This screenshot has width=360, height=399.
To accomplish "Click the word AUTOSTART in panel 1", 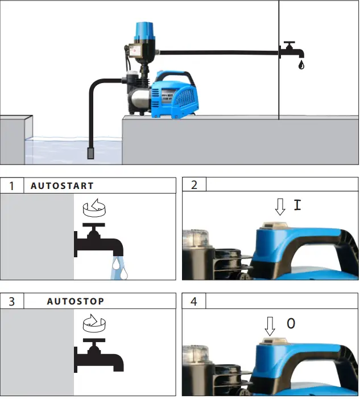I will click(x=62, y=186).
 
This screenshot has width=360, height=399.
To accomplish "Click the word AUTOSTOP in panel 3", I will click(x=76, y=301).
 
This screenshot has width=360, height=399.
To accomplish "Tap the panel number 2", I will click(x=194, y=186).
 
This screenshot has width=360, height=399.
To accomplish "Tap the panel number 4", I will click(x=194, y=301).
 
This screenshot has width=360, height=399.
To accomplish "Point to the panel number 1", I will click(x=11, y=186).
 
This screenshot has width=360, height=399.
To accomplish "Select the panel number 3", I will click(x=11, y=301).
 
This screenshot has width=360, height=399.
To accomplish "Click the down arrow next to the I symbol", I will click(x=279, y=207).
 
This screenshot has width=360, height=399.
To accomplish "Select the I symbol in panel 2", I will click(x=297, y=205).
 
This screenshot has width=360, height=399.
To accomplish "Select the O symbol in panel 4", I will click(x=291, y=324).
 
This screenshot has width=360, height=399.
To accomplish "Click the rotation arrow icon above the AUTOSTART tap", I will click(x=94, y=209).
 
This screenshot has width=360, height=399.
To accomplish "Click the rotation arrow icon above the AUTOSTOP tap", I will click(x=94, y=324).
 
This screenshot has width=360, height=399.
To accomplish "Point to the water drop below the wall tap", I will click(x=300, y=65).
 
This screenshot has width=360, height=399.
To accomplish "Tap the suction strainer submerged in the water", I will click(x=91, y=153).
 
